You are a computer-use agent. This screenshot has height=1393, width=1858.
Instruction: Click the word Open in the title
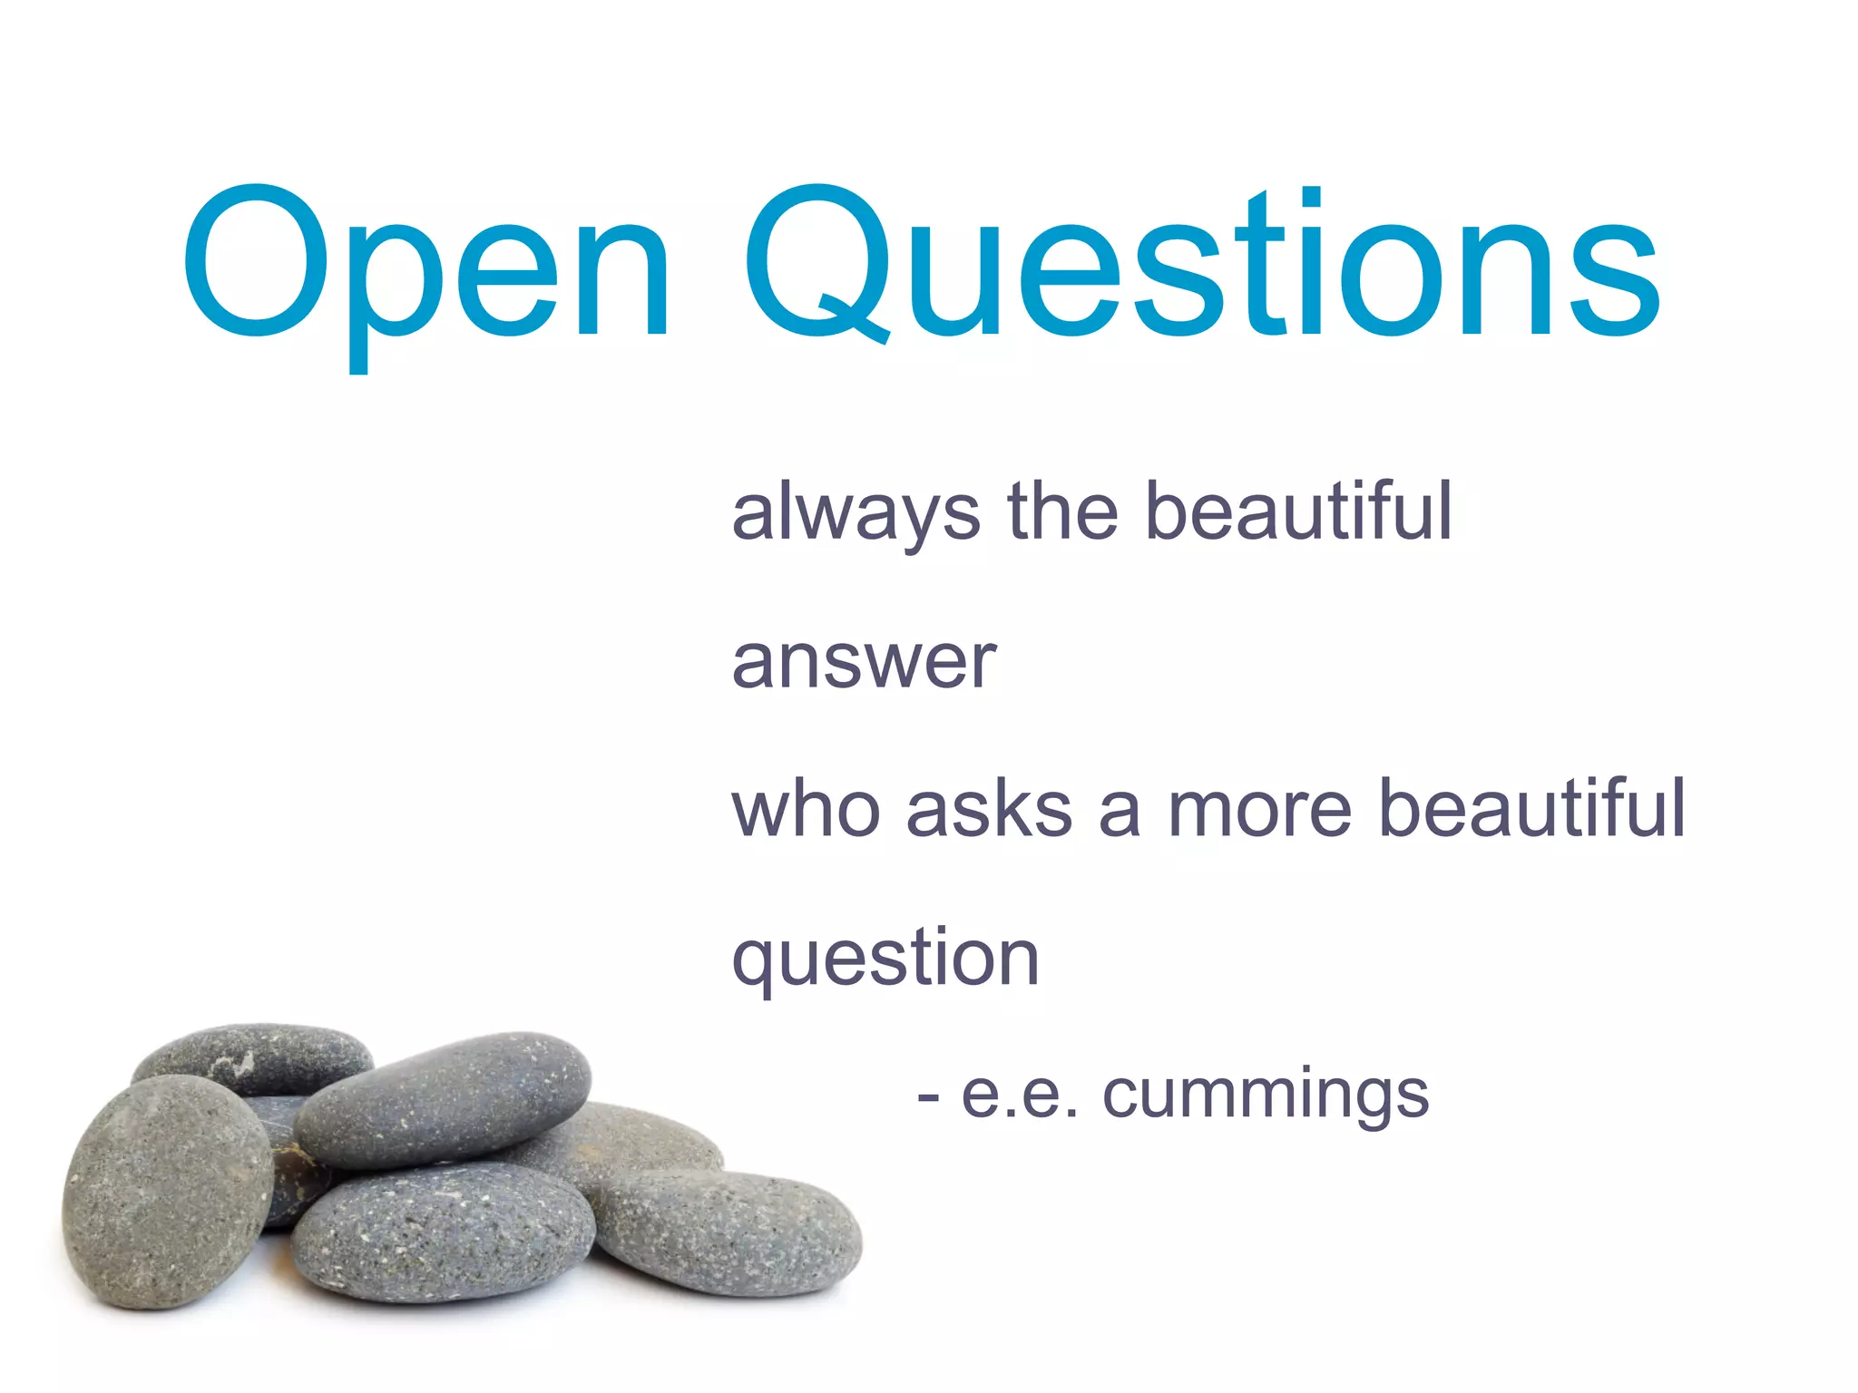pyautogui.click(x=426, y=263)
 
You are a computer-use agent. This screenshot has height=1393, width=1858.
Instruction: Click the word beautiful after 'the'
pyautogui.click(x=1298, y=511)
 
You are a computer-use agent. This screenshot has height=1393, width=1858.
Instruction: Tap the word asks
pyautogui.click(x=989, y=808)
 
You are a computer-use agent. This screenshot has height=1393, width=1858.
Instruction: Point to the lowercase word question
pyautogui.click(x=885, y=960)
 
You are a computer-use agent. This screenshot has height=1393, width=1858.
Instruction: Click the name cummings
pyautogui.click(x=1266, y=1096)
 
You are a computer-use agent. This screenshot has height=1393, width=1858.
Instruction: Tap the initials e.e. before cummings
pyautogui.click(x=1020, y=1096)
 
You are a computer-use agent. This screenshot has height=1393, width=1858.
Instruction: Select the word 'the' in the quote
pyautogui.click(x=1062, y=511)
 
